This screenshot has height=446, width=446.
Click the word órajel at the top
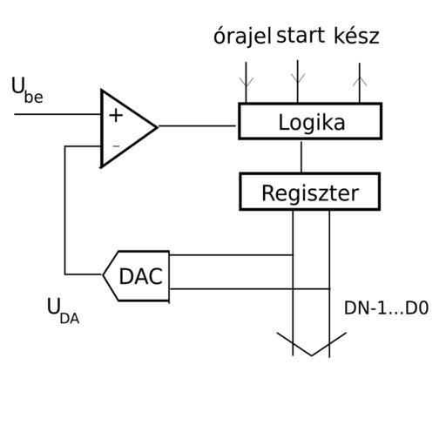click(x=242, y=37)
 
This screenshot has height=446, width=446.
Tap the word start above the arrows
click(x=301, y=36)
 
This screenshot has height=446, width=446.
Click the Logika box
click(x=310, y=121)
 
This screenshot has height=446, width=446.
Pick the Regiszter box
click(x=310, y=192)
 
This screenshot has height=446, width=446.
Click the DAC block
click(x=136, y=276)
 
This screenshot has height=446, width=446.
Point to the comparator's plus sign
click(x=116, y=115)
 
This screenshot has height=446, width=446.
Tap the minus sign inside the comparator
click(x=116, y=146)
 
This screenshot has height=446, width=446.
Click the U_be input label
click(x=27, y=90)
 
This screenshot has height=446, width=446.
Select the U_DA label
click(x=63, y=311)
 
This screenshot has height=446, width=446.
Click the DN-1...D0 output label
click(x=386, y=308)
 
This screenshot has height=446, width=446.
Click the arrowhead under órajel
click(x=247, y=82)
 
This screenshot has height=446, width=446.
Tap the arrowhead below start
click(x=298, y=78)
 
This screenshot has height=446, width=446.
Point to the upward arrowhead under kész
click(x=360, y=81)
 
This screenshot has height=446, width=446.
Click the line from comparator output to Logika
click(x=197, y=126)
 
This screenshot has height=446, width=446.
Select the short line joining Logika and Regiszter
click(x=301, y=157)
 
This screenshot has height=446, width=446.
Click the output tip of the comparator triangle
click(x=158, y=127)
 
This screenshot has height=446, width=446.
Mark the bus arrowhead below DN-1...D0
click(x=312, y=344)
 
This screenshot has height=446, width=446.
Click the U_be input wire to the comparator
click(x=57, y=114)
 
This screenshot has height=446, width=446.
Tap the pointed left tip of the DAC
click(x=103, y=274)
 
